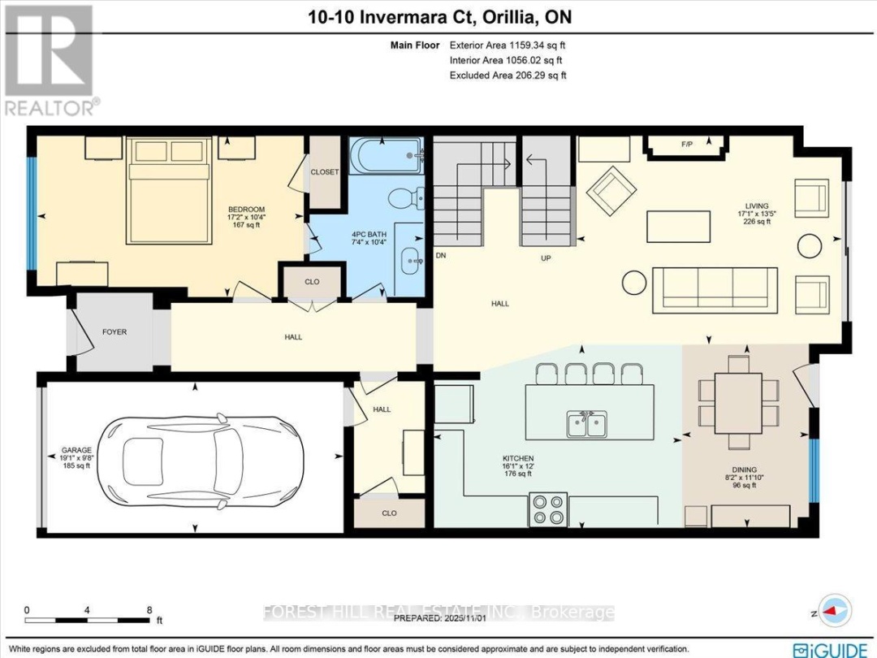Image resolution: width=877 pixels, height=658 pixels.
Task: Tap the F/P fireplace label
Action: pyautogui.click(x=686, y=145)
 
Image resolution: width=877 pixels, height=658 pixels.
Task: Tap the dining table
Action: pyautogui.click(x=738, y=403)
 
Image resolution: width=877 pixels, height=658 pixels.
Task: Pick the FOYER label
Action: pyautogui.click(x=114, y=332)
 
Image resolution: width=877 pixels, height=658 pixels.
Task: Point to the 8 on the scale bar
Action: pyautogui.click(x=149, y=609)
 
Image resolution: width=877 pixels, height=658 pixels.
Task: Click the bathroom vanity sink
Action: pyautogui.click(x=411, y=262)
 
